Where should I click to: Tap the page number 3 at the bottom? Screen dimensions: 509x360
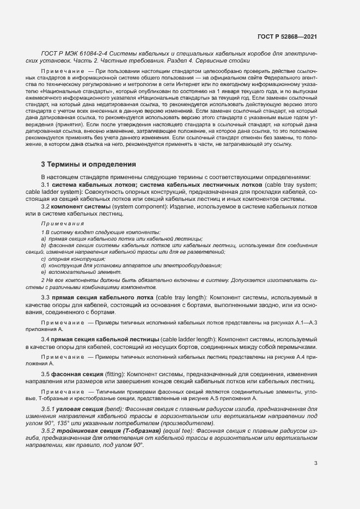[315, 463]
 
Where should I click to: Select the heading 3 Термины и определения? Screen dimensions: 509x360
[85, 164]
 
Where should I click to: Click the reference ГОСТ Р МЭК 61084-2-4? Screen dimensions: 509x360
[74, 53]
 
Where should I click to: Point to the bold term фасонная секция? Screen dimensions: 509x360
[74, 374]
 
